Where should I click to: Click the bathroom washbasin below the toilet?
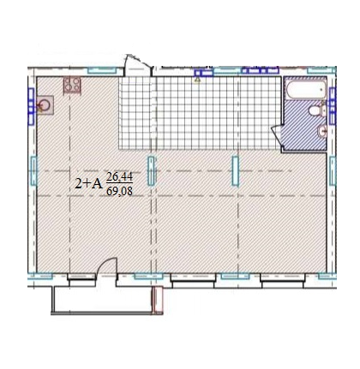click(x=319, y=132)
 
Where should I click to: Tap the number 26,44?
click(x=119, y=177)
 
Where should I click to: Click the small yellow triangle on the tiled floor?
click(x=198, y=82)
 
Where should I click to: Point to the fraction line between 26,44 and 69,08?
click(x=119, y=183)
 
